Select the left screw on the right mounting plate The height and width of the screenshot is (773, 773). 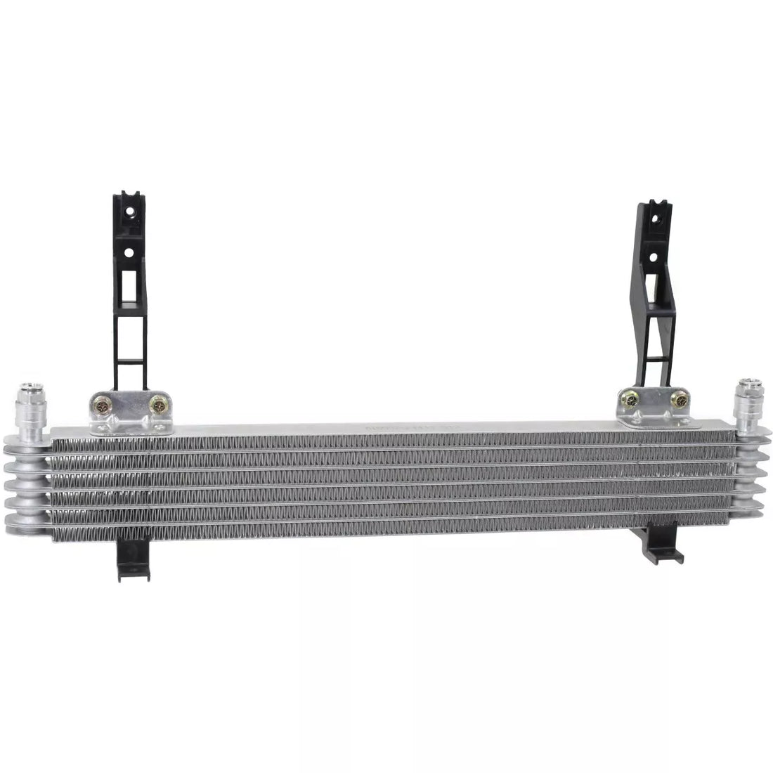tap(630, 399)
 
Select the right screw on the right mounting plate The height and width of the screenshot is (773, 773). tap(680, 400)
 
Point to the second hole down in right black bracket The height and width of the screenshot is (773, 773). tap(654, 256)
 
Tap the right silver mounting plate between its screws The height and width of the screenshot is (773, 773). tap(655, 402)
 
